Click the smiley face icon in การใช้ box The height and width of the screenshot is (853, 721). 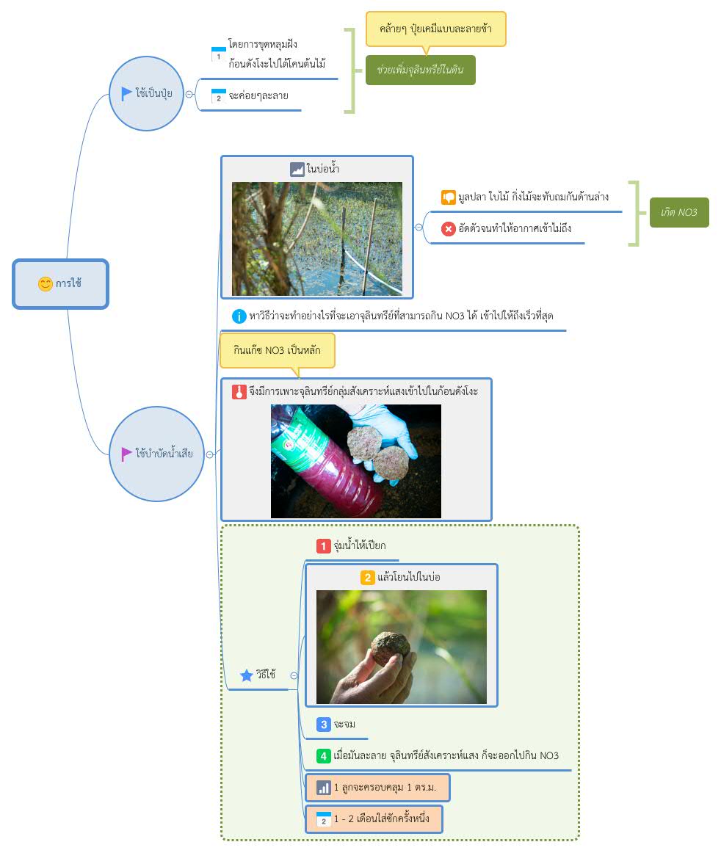(46, 283)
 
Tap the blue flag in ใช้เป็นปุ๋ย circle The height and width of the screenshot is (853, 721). (126, 93)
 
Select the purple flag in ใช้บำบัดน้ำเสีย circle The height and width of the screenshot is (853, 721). (126, 454)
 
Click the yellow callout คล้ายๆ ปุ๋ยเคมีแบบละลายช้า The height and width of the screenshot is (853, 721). (436, 29)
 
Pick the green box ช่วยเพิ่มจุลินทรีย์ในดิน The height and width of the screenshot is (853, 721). (421, 70)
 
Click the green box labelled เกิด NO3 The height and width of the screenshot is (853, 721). (679, 212)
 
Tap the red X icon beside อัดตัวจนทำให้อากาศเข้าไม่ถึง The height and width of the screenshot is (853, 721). (448, 229)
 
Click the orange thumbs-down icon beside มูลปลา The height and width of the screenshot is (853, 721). (448, 197)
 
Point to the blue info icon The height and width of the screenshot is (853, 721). (239, 316)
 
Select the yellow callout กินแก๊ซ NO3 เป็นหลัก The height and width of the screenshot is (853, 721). (277, 350)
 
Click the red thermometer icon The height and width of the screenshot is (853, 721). (239, 392)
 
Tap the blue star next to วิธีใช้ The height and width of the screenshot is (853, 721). (247, 675)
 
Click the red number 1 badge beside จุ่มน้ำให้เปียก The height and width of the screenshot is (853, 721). (323, 545)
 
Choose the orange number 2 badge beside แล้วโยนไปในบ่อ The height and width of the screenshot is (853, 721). (367, 577)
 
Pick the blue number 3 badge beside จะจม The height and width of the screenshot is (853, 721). (323, 725)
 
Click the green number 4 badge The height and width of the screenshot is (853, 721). (323, 755)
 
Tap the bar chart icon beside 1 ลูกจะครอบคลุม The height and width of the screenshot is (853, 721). (323, 788)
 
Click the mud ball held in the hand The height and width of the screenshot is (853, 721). (390, 648)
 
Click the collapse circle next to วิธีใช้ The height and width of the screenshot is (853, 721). (294, 675)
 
